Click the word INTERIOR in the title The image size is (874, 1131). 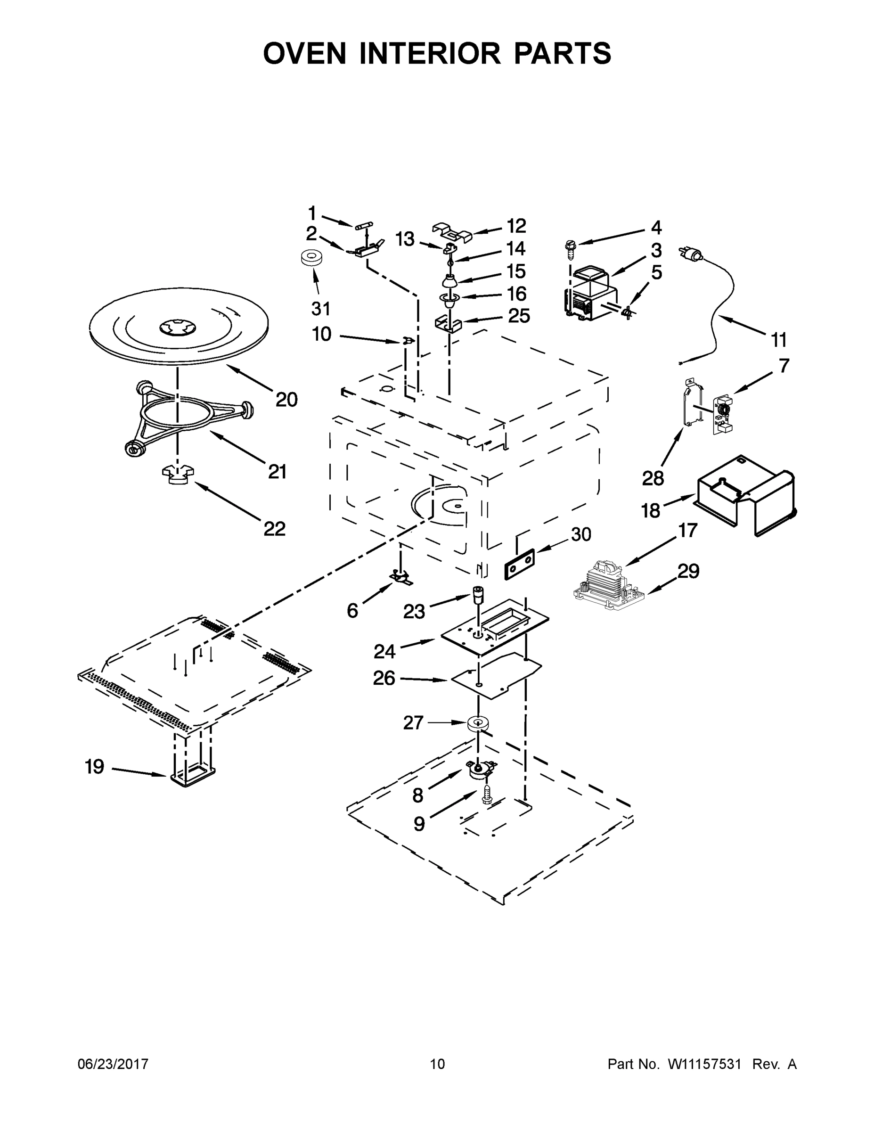click(430, 53)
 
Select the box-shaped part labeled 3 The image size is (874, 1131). click(590, 294)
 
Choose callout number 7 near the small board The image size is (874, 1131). click(784, 366)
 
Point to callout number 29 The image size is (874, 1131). click(688, 571)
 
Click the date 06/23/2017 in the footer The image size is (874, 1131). click(113, 1064)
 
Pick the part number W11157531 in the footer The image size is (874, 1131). click(705, 1064)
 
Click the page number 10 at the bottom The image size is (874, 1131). click(438, 1064)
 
